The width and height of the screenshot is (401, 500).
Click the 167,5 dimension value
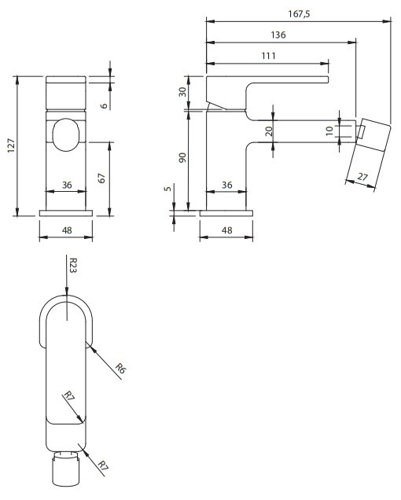click(299, 14)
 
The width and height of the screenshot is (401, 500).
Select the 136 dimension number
click(278, 35)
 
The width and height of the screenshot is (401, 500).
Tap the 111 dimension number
click(269, 56)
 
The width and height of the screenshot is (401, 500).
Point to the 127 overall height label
click(12, 145)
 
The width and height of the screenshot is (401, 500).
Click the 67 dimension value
click(101, 178)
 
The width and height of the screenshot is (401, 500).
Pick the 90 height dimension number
click(182, 157)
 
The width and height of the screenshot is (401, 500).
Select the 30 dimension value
click(182, 92)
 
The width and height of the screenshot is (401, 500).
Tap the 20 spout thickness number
click(269, 131)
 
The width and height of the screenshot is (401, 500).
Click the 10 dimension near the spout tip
click(329, 131)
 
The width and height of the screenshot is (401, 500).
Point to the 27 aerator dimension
click(362, 176)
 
